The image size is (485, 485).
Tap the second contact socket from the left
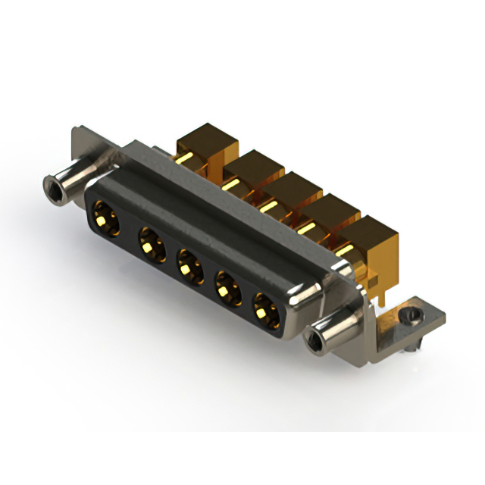click(151, 245)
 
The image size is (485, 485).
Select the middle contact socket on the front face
click(188, 267)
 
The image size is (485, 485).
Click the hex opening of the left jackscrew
click(52, 185)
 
